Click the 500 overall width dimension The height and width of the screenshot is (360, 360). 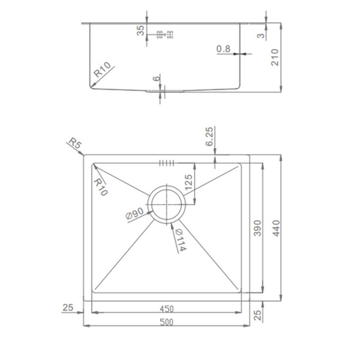(x=166, y=322)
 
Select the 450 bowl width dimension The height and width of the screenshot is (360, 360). (x=166, y=309)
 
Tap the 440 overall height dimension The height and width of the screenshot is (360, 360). (x=276, y=228)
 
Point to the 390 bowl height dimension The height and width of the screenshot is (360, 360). (x=257, y=228)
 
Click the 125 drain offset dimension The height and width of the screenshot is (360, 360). (x=188, y=182)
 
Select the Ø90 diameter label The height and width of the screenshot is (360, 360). (x=135, y=214)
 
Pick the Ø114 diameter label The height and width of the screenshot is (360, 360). (x=181, y=240)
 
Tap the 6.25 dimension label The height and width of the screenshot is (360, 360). (x=209, y=137)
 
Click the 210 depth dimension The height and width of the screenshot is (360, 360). (x=275, y=58)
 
